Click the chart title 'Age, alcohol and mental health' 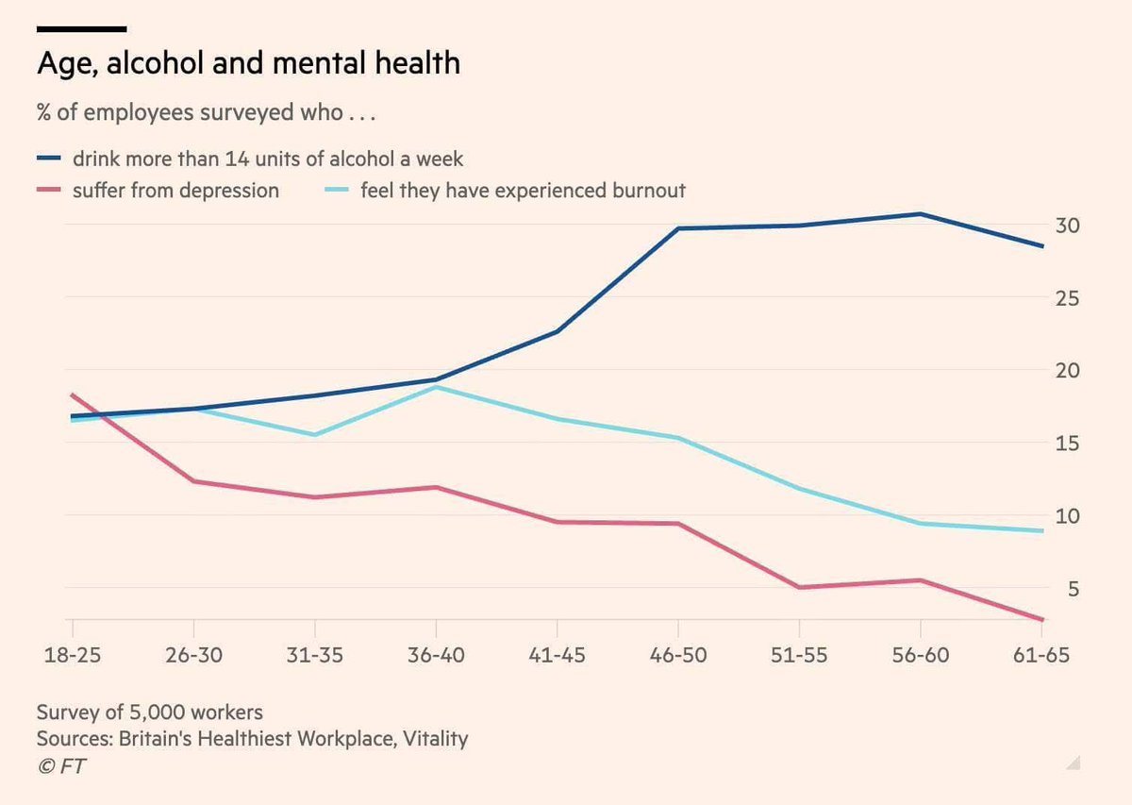coord(248,64)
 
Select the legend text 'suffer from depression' coord(175,191)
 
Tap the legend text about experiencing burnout coord(523,191)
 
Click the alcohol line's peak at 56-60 coord(921,214)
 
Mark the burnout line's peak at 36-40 coord(436,387)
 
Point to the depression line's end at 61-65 coord(1042,619)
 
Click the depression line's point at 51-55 coord(799,587)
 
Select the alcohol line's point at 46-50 coord(678,228)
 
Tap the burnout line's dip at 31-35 coord(314,435)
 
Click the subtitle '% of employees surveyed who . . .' coord(206,114)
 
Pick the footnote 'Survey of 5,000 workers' coord(150,712)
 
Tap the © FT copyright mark coord(61,766)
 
